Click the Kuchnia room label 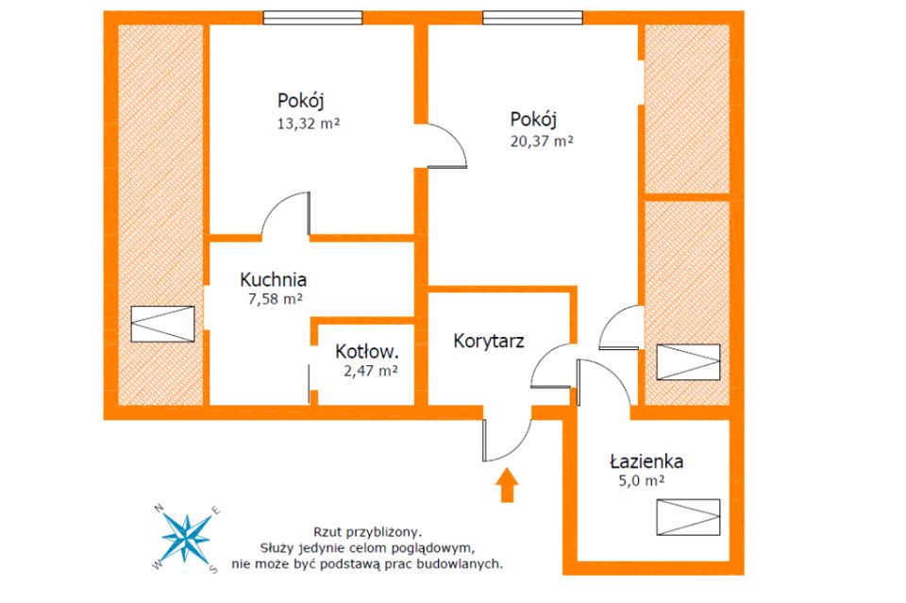click(274, 279)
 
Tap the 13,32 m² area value click(309, 123)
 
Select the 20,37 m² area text click(542, 141)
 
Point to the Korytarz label click(488, 341)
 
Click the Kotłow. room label click(367, 351)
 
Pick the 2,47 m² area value click(370, 371)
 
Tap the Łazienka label click(646, 461)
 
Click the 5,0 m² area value click(642, 480)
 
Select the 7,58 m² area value click(275, 299)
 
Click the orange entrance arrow click(507, 485)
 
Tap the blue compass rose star click(186, 538)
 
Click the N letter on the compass click(159, 509)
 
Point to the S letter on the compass click(212, 569)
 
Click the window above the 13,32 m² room click(312, 17)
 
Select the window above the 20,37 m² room click(532, 17)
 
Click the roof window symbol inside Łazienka click(688, 517)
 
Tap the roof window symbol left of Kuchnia click(162, 324)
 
